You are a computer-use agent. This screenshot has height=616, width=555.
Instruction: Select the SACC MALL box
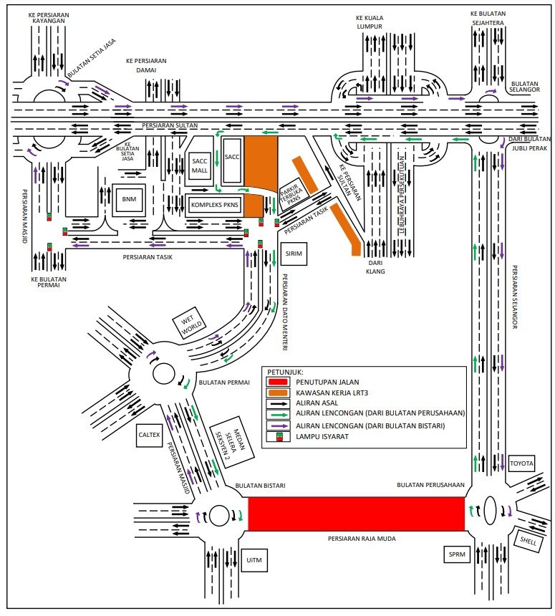199,167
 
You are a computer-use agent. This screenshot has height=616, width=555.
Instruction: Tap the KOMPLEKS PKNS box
214,205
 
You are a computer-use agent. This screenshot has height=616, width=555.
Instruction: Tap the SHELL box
530,538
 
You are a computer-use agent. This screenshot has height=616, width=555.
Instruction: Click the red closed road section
356,514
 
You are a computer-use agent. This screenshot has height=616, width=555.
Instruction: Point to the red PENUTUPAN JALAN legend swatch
277,382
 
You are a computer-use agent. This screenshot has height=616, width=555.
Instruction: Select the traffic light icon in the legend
277,436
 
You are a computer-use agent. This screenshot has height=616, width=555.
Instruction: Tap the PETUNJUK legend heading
286,372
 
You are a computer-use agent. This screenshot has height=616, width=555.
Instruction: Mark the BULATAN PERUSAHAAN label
431,485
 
